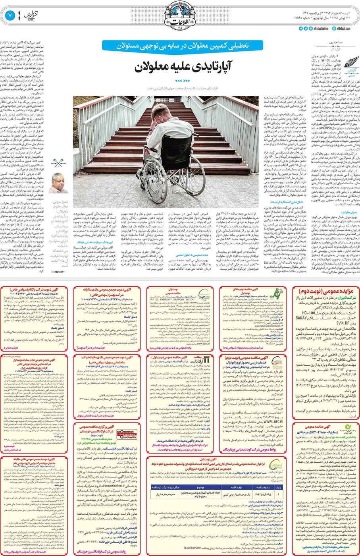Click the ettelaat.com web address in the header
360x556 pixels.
[x=343, y=29]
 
